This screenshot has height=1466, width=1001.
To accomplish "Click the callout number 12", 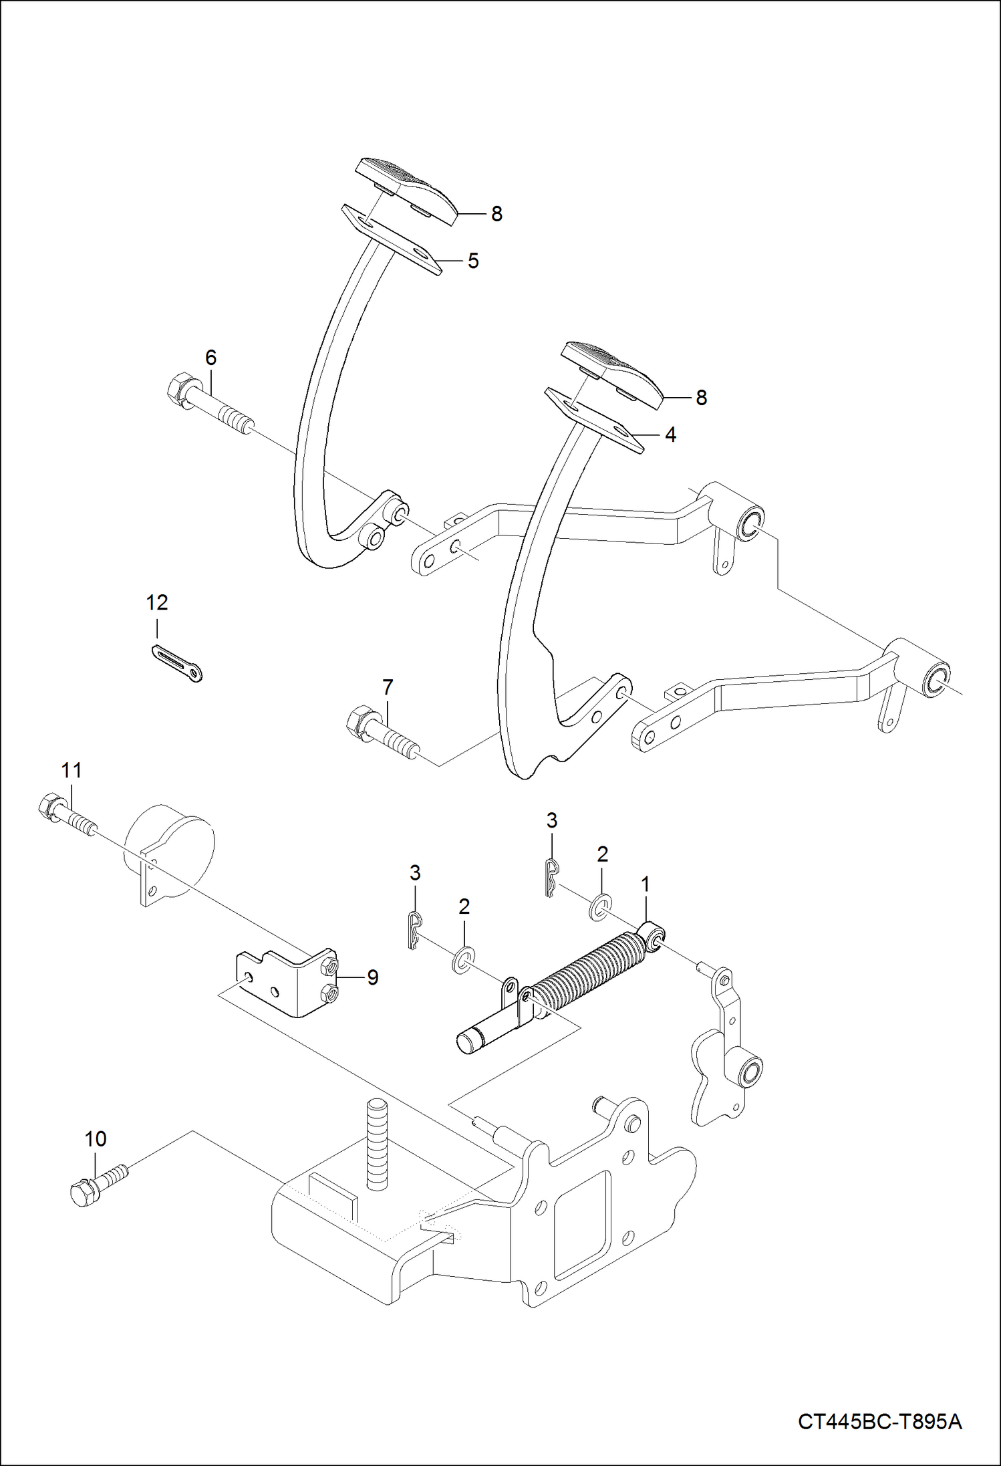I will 157,602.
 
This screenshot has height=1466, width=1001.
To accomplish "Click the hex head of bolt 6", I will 176,389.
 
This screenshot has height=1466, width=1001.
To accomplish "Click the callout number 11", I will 71,770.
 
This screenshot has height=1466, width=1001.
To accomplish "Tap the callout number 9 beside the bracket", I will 373,977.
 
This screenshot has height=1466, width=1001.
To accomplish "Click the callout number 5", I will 473,261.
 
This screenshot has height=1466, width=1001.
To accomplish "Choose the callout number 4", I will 670,435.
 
